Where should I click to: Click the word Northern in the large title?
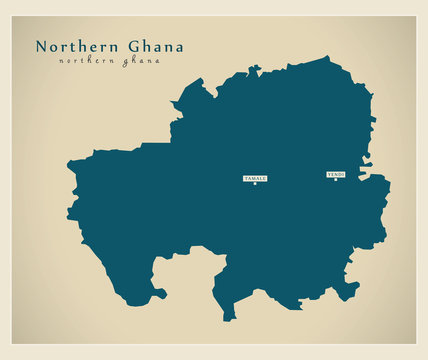pos(78,47)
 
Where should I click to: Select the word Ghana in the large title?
pos(155,47)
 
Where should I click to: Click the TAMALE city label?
pos(255,178)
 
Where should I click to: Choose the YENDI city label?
pos(336,174)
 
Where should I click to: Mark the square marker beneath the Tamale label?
pos(255,184)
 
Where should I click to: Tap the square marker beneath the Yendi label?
pos(336,180)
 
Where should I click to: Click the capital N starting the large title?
pos(41,47)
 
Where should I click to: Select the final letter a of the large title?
pos(179,48)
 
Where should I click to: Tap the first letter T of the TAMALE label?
pos(246,178)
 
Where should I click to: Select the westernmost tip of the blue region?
pos(67,163)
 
